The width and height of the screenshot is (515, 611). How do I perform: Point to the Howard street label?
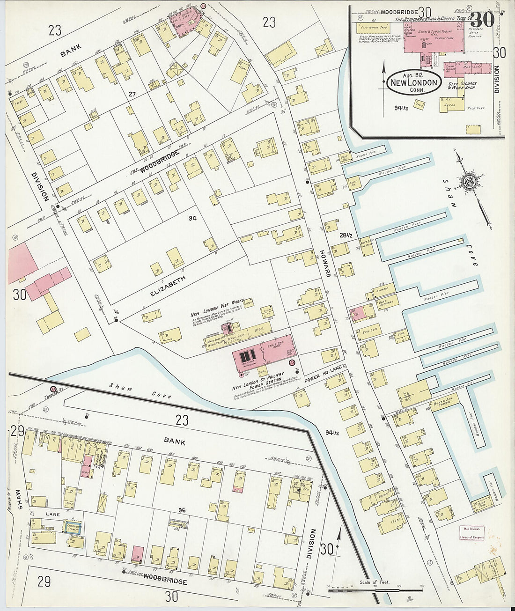325,263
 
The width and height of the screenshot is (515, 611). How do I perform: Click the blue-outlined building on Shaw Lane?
73,527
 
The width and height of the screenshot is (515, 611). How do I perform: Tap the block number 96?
183,509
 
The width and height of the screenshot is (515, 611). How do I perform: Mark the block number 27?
132,94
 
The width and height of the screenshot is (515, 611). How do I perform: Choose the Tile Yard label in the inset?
475,108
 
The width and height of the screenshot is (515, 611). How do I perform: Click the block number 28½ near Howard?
346,236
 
